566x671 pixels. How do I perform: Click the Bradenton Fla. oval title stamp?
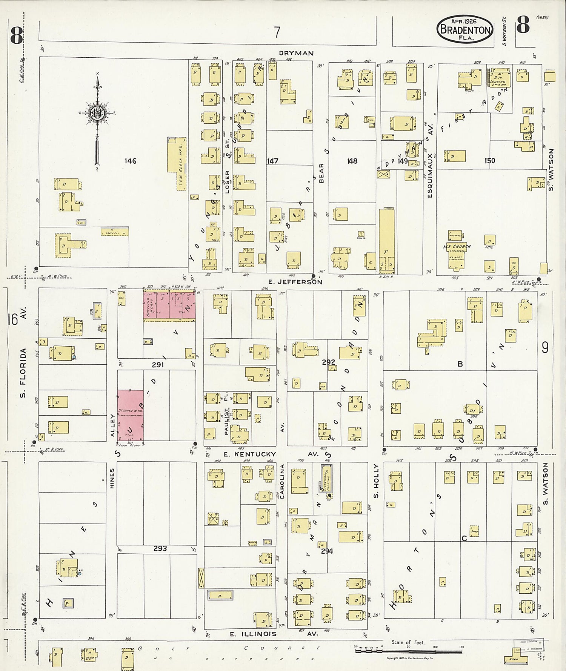465,29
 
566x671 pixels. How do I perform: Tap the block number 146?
130,161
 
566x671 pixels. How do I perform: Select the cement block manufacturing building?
177,163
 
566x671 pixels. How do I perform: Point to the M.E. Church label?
457,247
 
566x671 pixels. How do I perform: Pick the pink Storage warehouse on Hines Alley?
130,415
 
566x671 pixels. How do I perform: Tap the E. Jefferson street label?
295,282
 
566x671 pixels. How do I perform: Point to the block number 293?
160,548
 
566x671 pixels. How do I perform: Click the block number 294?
327,551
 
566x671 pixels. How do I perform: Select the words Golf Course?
228,648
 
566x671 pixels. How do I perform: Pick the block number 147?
272,161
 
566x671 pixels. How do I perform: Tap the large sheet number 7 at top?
277,32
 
